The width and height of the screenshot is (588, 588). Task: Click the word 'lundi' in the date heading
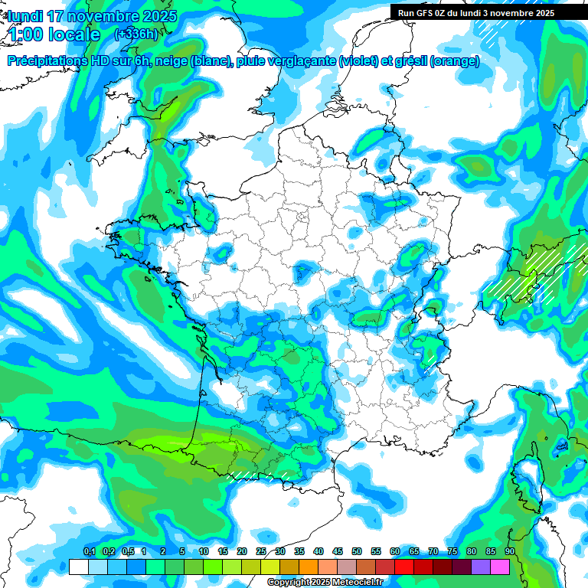25,16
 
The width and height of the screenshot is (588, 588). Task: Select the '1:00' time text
26,34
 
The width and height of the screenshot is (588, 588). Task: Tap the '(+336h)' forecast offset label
136,34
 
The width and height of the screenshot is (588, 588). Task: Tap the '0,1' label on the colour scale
90,552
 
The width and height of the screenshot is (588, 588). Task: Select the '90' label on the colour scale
509,552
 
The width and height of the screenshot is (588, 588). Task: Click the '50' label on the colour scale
357,552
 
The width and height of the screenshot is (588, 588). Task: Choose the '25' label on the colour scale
261,552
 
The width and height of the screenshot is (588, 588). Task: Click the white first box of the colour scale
78,567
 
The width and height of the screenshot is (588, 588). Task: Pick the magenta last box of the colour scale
500,567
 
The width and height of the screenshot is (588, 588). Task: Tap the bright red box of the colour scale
404,567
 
